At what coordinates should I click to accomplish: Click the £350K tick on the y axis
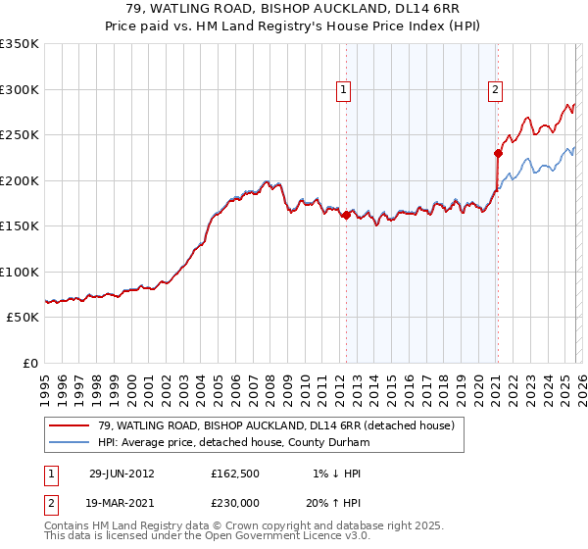20,44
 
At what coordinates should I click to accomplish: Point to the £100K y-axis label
20,272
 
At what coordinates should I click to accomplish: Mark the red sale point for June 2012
346,215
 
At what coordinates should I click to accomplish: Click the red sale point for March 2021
497,153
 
